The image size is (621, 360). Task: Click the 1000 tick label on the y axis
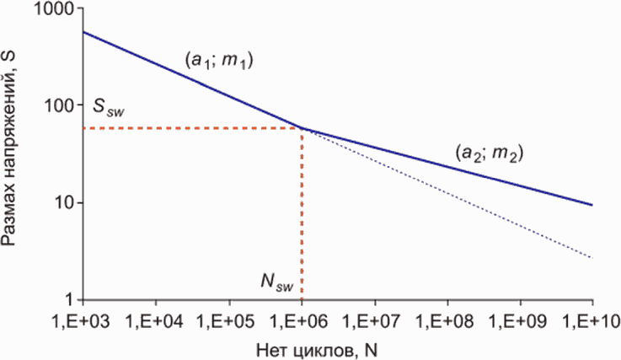pyautogui.click(x=57, y=8)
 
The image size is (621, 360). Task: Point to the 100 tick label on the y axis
pyautogui.click(x=62, y=106)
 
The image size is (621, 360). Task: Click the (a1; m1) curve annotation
pyautogui.click(x=219, y=62)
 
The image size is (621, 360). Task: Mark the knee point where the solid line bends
pyautogui.click(x=302, y=128)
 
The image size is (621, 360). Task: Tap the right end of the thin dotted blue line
pyautogui.click(x=592, y=256)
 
